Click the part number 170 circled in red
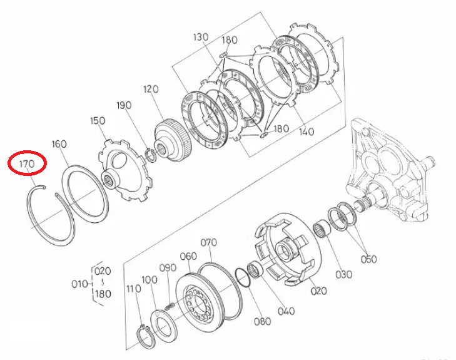pyautogui.click(x=27, y=164)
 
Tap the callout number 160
pyautogui.click(x=59, y=144)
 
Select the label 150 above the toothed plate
pyautogui.click(x=98, y=120)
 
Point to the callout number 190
pyautogui.click(x=124, y=105)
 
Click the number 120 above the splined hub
pyautogui.click(x=151, y=89)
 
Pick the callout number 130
pyautogui.click(x=201, y=37)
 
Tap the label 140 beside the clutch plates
pyautogui.click(x=307, y=132)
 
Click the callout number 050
pyautogui.click(x=369, y=259)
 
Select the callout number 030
pyautogui.click(x=344, y=274)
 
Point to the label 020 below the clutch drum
pyautogui.click(x=319, y=291)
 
